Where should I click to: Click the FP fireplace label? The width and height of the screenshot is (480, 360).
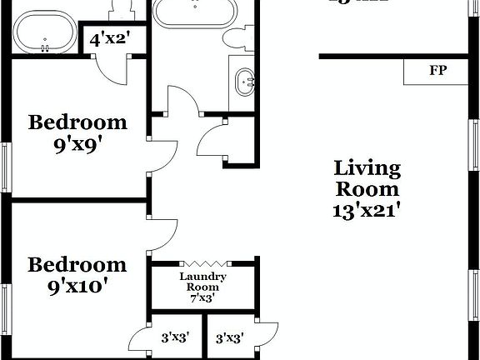[x=437, y=71]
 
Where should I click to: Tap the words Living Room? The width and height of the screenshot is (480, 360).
[x=367, y=179]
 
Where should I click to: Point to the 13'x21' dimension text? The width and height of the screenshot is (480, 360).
[x=367, y=211]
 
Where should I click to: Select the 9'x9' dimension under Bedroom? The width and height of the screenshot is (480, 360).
[x=77, y=142]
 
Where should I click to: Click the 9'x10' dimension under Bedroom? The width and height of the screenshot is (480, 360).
[x=77, y=287]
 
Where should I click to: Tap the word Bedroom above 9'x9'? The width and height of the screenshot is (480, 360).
[x=77, y=122]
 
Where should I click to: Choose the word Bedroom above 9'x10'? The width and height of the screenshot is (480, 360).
[x=77, y=266]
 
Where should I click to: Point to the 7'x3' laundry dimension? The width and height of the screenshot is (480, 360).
[x=202, y=297]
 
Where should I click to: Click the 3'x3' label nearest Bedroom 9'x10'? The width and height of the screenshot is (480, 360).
[x=175, y=339]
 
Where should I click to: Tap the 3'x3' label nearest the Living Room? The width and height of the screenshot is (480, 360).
[x=230, y=339]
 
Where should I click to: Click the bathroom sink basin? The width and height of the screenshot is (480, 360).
[x=246, y=82]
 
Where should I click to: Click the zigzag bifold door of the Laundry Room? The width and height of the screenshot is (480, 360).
[x=202, y=262]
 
